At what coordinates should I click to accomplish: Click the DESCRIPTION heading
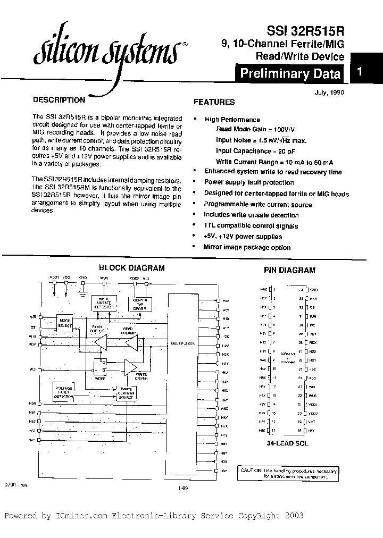[59, 100]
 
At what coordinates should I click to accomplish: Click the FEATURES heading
[214, 102]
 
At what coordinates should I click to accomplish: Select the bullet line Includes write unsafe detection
[251, 215]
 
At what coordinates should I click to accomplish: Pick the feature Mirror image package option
[247, 247]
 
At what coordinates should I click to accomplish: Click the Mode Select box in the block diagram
[65, 322]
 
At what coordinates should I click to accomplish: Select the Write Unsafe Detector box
[105, 303]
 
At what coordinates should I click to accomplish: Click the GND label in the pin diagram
[314, 290]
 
